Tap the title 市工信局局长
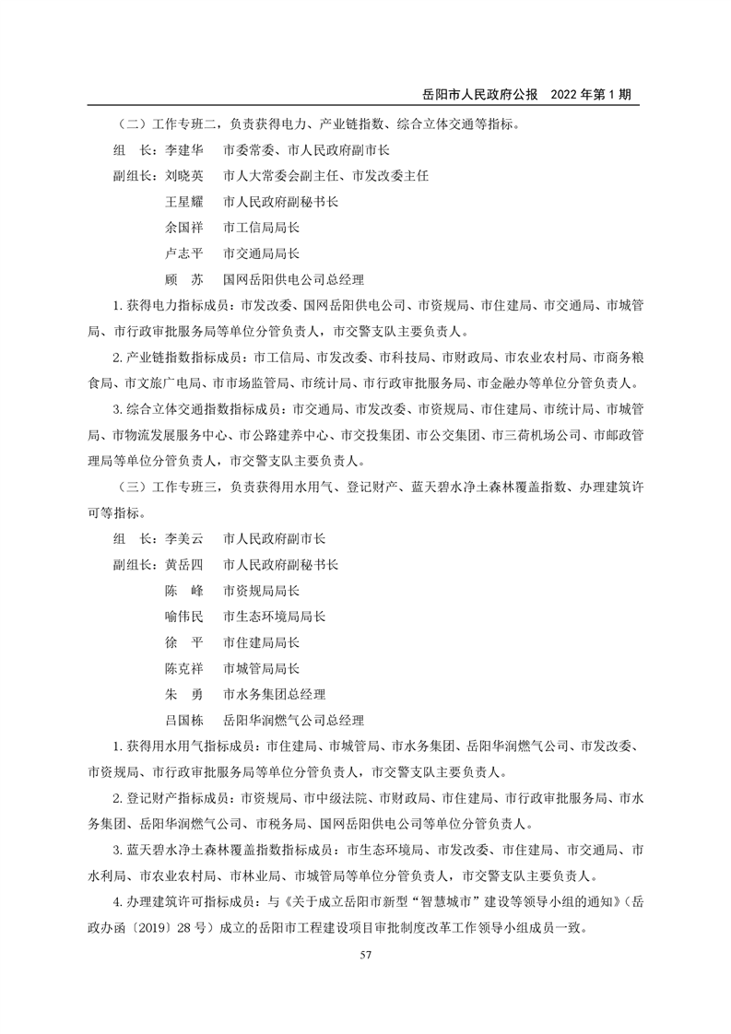click(262, 227)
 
